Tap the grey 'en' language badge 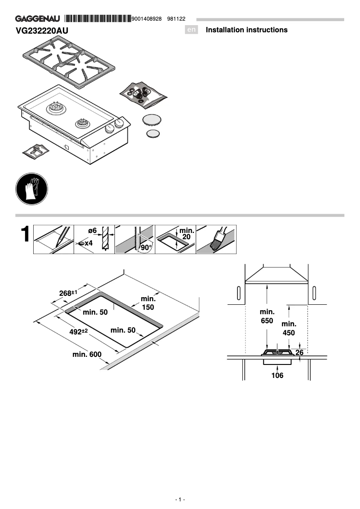coord(192,30)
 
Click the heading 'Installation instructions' coord(246,30)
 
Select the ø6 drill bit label coord(92,231)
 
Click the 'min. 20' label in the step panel coord(187,233)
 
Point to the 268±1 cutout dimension coord(69,293)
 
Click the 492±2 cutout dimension coord(78,332)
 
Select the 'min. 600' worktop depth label coord(87,355)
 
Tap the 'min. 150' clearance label coord(148,303)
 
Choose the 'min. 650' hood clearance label coord(267,316)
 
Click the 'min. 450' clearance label coord(289,329)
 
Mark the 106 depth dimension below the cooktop coord(277,375)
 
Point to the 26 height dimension coord(299,353)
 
